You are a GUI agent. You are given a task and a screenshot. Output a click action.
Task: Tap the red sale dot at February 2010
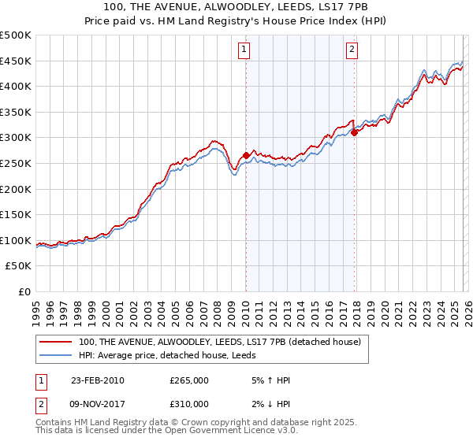click(x=246, y=155)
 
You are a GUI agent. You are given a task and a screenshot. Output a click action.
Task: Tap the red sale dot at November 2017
click(x=355, y=132)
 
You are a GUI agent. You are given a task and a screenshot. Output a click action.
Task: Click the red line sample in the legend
click(x=56, y=342)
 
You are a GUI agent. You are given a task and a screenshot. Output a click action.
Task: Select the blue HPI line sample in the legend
click(x=56, y=354)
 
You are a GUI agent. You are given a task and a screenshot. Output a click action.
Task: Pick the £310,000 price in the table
click(x=189, y=407)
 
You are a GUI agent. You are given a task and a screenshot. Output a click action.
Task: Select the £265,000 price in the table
click(x=189, y=380)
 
